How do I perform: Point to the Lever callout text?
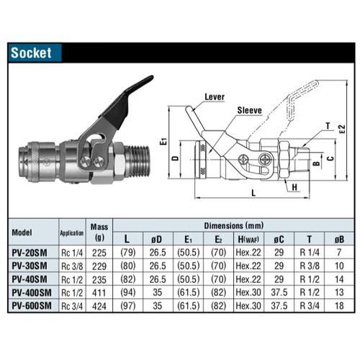[x=215, y=96]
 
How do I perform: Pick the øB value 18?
[x=339, y=305]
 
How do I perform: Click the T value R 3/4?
[x=307, y=305]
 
